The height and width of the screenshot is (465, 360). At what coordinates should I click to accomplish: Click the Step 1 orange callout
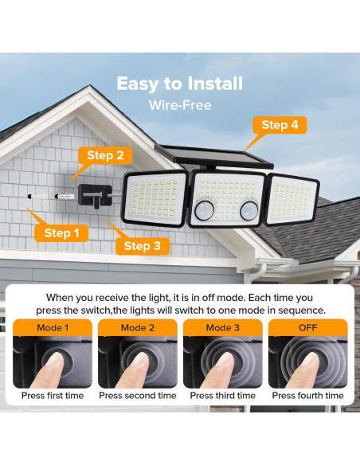tap(61, 232)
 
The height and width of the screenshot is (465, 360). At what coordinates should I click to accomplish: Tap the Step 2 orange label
tap(105, 155)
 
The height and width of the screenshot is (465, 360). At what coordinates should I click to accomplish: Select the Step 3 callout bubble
tap(143, 246)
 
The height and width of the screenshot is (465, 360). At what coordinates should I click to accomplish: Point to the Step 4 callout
tap(280, 125)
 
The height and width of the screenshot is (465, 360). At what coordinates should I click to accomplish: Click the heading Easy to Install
tap(180, 84)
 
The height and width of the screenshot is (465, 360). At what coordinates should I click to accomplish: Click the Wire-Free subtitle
tap(180, 105)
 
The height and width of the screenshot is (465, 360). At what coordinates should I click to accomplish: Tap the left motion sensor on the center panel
tap(205, 210)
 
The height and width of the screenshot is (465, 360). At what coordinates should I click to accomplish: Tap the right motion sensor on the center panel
tap(248, 210)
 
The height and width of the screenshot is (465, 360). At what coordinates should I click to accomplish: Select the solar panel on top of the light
tap(213, 157)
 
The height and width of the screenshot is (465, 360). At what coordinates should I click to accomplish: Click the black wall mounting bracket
tap(96, 196)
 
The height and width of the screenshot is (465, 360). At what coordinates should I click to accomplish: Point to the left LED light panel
tap(154, 198)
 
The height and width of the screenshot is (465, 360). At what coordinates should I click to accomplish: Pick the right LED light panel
tap(292, 200)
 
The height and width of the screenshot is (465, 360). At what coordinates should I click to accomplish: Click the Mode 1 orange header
tap(53, 328)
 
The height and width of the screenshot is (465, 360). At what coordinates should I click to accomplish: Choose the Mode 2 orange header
tap(138, 328)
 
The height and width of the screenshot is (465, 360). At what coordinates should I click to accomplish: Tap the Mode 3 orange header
tap(223, 328)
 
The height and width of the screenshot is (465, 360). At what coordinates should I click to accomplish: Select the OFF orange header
tap(307, 328)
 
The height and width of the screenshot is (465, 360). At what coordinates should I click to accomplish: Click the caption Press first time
tap(53, 395)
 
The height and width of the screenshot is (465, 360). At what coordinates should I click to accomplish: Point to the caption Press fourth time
tap(307, 395)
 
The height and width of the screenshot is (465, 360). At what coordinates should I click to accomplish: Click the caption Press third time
tap(223, 395)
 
